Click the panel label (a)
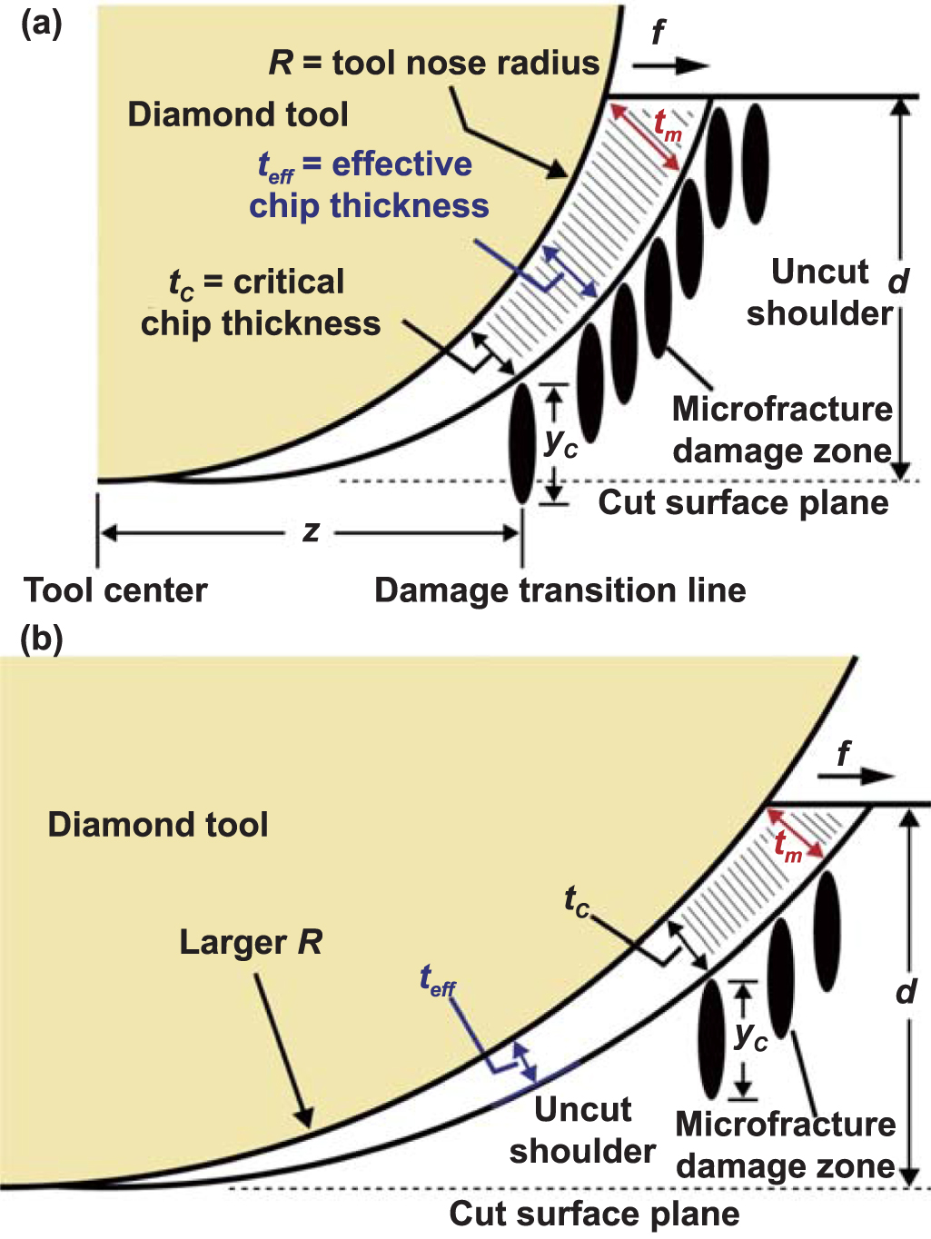pyautogui.click(x=41, y=24)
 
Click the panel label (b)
pyautogui.click(x=41, y=639)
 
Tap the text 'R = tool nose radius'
pyautogui.click(x=434, y=63)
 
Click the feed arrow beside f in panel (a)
pyautogui.click(x=670, y=66)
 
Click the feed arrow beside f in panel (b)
pyautogui.click(x=856, y=776)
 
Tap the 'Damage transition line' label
pyautogui.click(x=560, y=590)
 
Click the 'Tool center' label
pyautogui.click(x=115, y=590)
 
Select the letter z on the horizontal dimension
pyautogui.click(x=311, y=531)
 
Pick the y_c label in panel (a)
pyautogui.click(x=560, y=442)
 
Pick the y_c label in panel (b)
pyautogui.click(x=751, y=1035)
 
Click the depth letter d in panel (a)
pyautogui.click(x=898, y=281)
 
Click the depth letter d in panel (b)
pyautogui.click(x=906, y=991)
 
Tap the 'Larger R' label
pyautogui.click(x=251, y=942)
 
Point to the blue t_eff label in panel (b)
pyautogui.click(x=437, y=981)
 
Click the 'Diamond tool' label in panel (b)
pyautogui.click(x=158, y=825)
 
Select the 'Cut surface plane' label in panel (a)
pyautogui.click(x=743, y=502)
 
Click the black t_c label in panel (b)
pyautogui.click(x=577, y=901)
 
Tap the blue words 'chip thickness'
pyautogui.click(x=369, y=205)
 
